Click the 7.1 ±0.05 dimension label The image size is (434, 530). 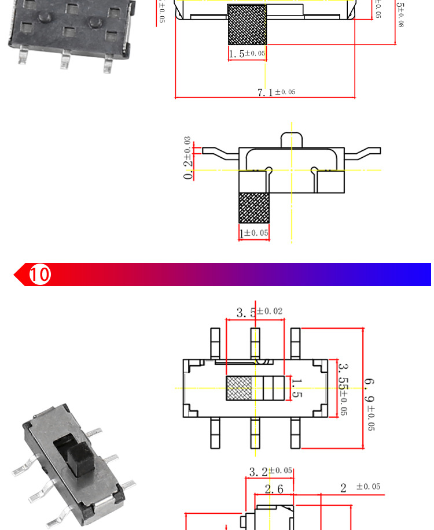[x=277, y=92]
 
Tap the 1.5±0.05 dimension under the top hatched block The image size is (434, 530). [x=247, y=54]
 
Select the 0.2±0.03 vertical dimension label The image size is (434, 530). [x=188, y=159]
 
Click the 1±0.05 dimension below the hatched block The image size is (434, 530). [x=255, y=233]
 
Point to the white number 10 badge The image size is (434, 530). [x=40, y=274]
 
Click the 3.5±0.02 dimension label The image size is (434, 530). [x=259, y=313]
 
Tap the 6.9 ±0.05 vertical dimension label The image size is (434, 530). [x=369, y=405]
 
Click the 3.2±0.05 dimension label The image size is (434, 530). [x=270, y=472]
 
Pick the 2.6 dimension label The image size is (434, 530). [x=274, y=489]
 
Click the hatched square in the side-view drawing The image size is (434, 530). [x=255, y=208]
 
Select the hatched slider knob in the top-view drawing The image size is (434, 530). [x=238, y=388]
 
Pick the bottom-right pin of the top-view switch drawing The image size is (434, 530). [x=295, y=432]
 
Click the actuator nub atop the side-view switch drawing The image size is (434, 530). [x=291, y=139]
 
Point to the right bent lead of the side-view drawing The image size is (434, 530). [x=365, y=153]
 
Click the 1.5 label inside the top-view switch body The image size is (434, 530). [x=296, y=388]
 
